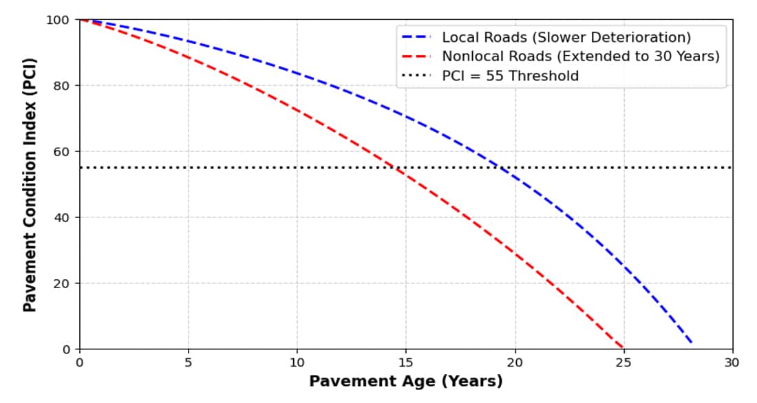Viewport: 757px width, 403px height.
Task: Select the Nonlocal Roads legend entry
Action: (580, 56)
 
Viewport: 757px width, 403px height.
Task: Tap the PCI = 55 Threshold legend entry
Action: (510, 76)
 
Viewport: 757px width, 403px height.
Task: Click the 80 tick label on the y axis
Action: (61, 86)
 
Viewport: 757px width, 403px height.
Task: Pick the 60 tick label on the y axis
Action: (61, 151)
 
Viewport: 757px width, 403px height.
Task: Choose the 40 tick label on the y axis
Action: (61, 217)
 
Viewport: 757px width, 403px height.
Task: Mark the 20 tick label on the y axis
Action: (61, 283)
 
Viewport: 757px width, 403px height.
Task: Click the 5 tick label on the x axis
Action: (188, 362)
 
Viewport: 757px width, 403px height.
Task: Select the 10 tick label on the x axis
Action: (297, 362)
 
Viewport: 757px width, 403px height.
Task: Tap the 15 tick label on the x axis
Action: (405, 362)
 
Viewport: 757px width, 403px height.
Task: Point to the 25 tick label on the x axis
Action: (623, 362)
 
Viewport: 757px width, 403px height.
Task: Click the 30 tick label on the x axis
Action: (732, 362)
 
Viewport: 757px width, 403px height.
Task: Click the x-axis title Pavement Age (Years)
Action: (405, 381)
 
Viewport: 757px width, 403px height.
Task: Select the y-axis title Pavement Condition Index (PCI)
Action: (30, 184)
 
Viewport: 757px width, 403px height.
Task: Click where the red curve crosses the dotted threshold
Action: (397, 168)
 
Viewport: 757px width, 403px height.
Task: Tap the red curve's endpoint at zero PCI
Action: (623, 348)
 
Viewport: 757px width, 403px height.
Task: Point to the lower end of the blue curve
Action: (692, 342)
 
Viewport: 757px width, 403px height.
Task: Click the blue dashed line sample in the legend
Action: (417, 37)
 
